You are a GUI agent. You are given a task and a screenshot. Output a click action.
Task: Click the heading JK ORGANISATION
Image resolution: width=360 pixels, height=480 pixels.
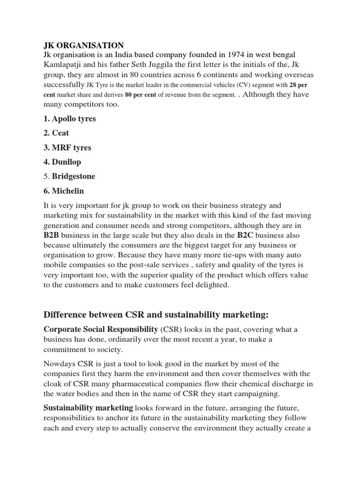[84, 45]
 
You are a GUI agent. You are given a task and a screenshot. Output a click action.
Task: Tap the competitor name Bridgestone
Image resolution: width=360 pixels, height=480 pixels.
[74, 176]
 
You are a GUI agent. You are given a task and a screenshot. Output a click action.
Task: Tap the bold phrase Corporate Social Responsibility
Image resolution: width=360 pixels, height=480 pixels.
[101, 329]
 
